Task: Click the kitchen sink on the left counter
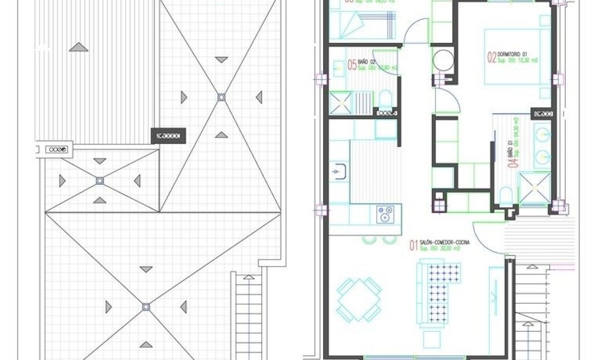[340, 172]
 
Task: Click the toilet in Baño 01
[506, 196]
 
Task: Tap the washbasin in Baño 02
[338, 67]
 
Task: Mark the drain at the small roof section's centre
[99, 181]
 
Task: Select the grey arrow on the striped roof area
[79, 48]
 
